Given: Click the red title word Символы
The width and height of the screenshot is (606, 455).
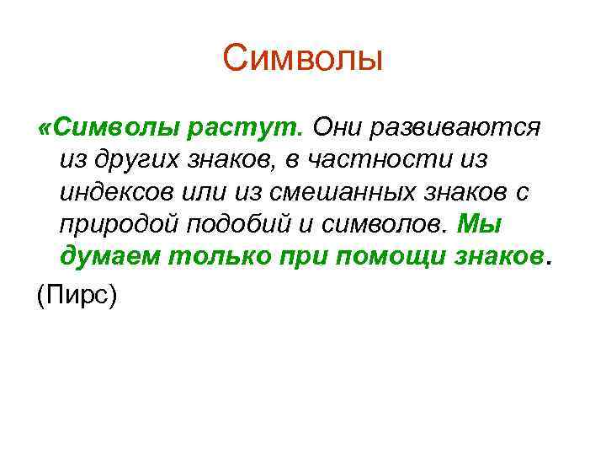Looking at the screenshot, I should tap(303, 58).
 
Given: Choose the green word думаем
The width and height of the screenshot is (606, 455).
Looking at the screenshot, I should tap(109, 256).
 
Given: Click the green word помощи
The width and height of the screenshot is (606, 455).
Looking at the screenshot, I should tap(384, 256).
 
